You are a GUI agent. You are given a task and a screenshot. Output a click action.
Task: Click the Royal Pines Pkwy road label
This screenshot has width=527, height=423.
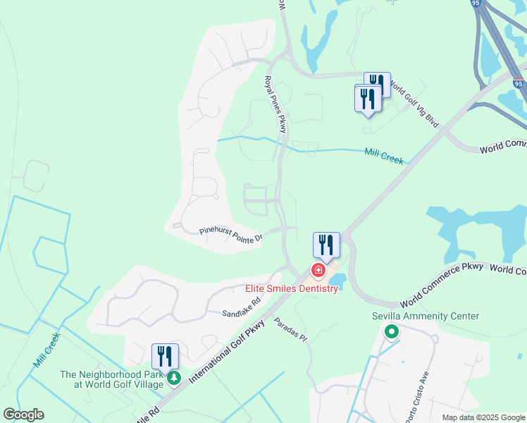276,104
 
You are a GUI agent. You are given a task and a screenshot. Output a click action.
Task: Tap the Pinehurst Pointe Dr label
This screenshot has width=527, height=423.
230,234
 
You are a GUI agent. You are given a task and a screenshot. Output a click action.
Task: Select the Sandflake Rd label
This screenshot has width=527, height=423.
242,307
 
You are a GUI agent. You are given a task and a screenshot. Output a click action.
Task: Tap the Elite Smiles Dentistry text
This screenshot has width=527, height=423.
292,289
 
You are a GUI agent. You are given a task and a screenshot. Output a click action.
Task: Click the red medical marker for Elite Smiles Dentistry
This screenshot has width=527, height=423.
318,271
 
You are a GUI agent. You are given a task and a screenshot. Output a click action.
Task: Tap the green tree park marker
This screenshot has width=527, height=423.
173,379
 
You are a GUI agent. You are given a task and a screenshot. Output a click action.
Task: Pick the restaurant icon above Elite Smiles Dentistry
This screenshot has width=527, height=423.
326,245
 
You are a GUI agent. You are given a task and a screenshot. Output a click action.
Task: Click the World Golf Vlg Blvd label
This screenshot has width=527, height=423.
415,106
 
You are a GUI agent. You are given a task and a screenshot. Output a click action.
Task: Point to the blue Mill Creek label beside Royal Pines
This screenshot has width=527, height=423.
384,156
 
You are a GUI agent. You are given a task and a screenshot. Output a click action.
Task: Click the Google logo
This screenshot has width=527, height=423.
23,415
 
